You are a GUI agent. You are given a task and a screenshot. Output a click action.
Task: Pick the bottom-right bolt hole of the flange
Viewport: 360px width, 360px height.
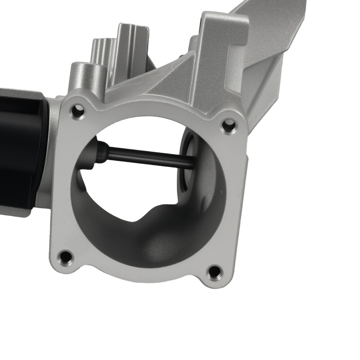(x=215, y=272)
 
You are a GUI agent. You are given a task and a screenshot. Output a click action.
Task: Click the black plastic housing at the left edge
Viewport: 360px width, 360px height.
(x=20, y=151)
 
